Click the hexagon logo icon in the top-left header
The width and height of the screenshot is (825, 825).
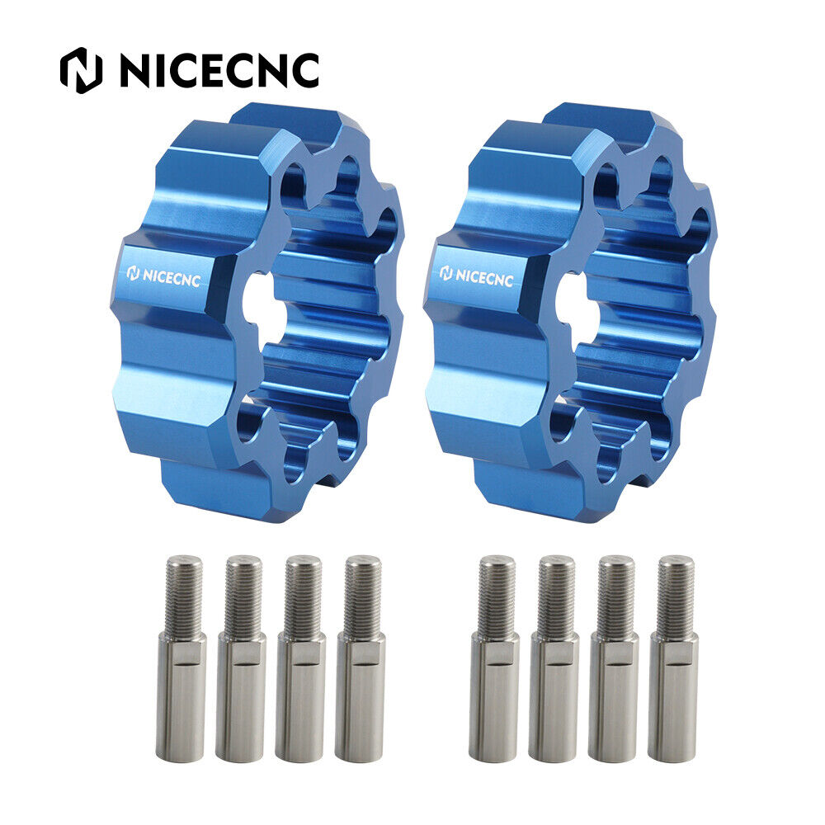click(81, 70)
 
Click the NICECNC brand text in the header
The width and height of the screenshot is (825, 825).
click(220, 70)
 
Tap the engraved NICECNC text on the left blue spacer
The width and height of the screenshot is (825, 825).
click(163, 276)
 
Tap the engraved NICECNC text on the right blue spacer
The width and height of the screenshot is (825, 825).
click(476, 276)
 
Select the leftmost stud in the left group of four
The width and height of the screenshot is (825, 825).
click(181, 658)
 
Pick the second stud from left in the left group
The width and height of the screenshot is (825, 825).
click(241, 658)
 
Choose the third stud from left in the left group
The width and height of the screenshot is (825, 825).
click(300, 658)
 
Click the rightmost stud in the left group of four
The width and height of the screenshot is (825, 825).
click(361, 658)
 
